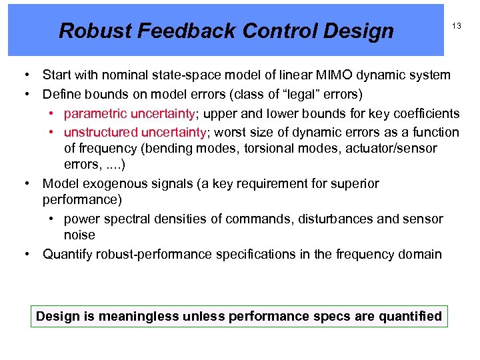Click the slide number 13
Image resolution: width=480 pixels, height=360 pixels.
pos(457,25)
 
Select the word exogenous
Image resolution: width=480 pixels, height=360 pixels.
pos(108,183)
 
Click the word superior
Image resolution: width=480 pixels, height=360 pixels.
pos(355,183)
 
